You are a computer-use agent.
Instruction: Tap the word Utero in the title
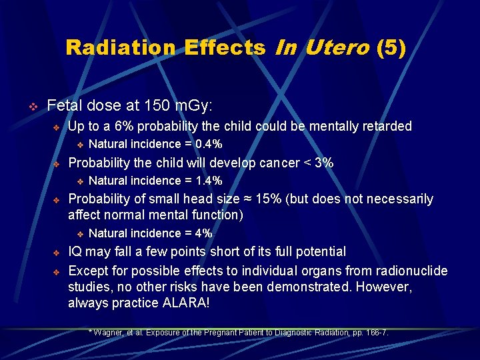[337, 48]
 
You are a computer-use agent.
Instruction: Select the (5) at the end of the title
[391, 48]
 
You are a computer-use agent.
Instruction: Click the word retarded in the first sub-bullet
[387, 126]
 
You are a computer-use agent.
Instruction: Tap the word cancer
[273, 163]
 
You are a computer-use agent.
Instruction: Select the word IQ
[76, 252]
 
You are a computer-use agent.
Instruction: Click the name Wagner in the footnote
[109, 333]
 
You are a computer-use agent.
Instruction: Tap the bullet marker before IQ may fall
[57, 253]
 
